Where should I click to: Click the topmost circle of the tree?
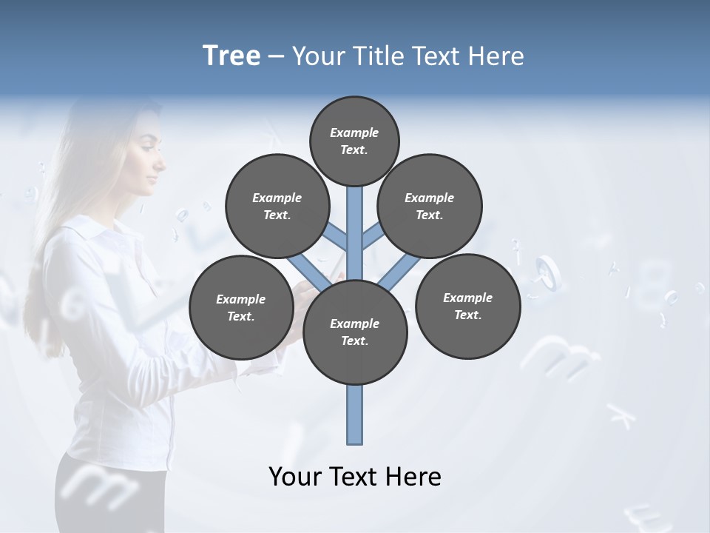(354, 141)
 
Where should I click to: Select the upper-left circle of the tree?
(277, 207)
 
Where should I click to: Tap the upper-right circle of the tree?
(430, 207)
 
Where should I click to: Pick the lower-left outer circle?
(241, 308)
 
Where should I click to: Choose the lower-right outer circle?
(468, 306)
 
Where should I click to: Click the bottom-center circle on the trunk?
(355, 332)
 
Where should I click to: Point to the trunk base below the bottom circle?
(355, 415)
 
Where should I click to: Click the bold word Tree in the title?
(231, 56)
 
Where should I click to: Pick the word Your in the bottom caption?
(294, 477)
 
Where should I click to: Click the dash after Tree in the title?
(276, 56)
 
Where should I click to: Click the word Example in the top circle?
(354, 133)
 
